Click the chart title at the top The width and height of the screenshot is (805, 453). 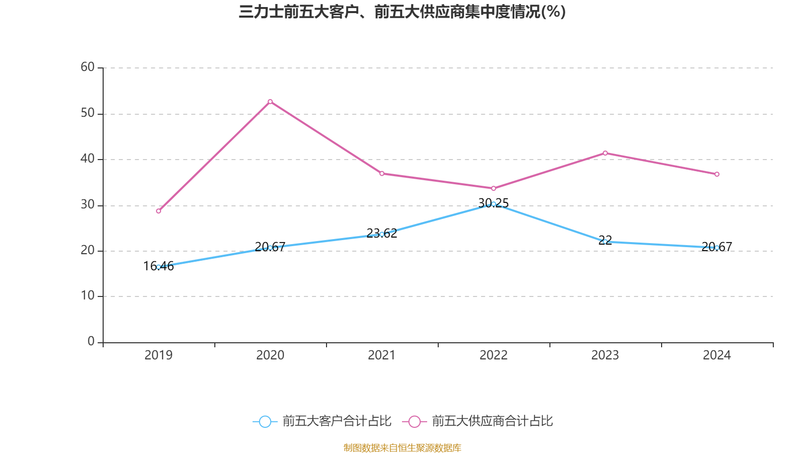point(402,12)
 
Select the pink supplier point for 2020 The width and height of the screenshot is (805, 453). point(270,102)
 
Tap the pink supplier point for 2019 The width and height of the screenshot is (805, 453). point(158,211)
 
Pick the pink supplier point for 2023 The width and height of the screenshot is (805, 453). point(605,153)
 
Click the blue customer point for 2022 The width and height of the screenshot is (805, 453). point(494,204)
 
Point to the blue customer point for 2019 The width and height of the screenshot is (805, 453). point(158,267)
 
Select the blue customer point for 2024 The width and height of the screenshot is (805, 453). point(717,248)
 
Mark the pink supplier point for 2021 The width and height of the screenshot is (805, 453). point(382,174)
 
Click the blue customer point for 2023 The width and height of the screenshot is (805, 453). point(605,242)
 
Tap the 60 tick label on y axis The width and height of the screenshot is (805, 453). point(88,67)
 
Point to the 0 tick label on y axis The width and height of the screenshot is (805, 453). point(91,342)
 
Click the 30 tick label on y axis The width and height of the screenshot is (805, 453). point(88,204)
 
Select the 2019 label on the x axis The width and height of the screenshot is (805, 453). point(158,355)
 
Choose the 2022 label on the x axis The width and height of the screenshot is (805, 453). point(494,355)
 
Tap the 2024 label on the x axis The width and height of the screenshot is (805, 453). point(717,355)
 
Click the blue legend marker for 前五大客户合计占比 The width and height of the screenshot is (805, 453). point(265,421)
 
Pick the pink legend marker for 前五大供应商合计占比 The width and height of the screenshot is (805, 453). point(415,421)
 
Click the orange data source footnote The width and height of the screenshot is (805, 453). point(402,447)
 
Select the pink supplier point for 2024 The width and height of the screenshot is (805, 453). point(717,174)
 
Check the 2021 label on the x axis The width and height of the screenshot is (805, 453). point(382,355)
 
